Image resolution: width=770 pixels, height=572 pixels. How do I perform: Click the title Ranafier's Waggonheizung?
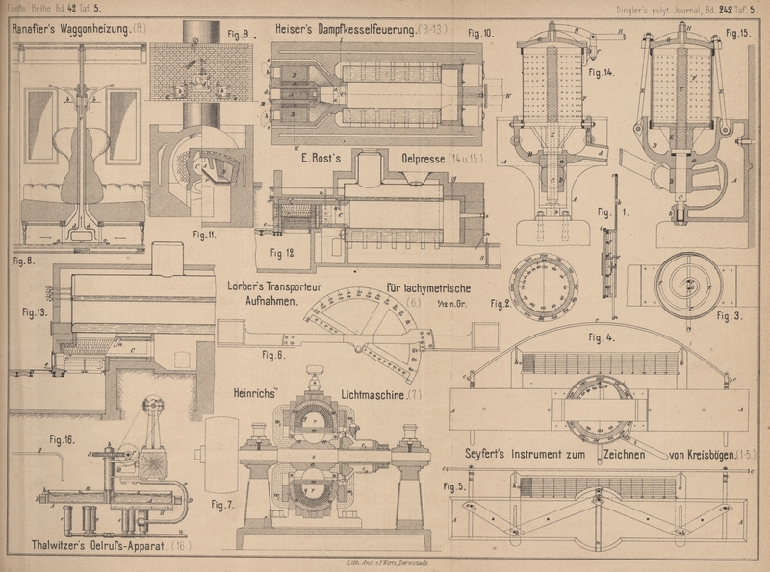click(72, 29)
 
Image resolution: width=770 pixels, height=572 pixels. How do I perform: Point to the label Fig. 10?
click(480, 33)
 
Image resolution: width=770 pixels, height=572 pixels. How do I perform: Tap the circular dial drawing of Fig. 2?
click(545, 286)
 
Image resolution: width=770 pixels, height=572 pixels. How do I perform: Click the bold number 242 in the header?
click(713, 10)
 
